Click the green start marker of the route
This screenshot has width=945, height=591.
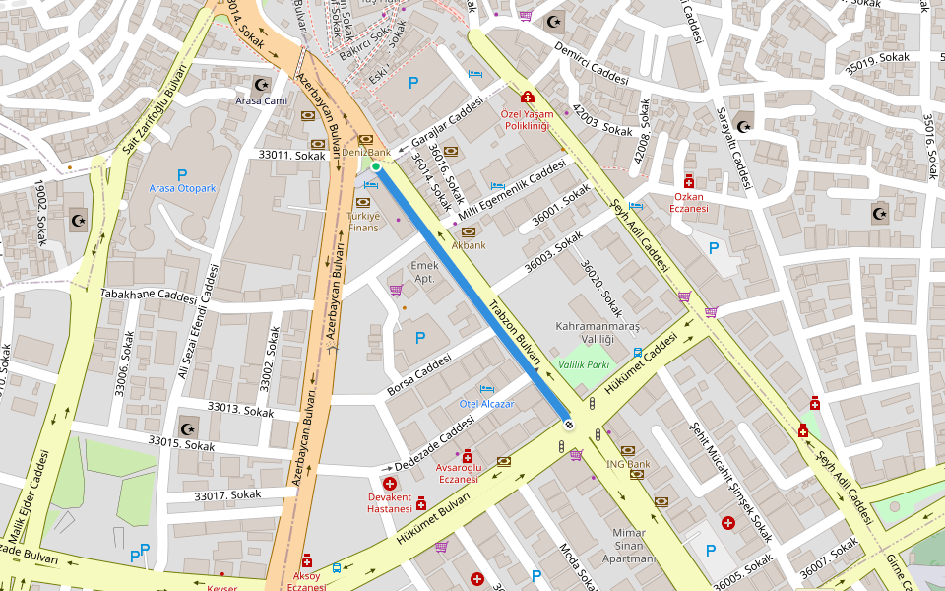click(376, 166)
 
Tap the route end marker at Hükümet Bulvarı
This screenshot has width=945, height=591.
click(568, 425)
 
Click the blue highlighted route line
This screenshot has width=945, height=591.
click(472, 295)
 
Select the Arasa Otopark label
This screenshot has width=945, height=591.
click(181, 188)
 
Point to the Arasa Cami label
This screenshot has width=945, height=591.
click(261, 100)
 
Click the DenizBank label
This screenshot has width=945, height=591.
click(366, 153)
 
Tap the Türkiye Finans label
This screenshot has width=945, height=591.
click(363, 222)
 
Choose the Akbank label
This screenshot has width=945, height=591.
click(469, 245)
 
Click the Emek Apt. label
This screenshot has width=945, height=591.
click(424, 272)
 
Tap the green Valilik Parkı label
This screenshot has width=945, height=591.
click(585, 364)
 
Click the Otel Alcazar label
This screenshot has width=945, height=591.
click(487, 404)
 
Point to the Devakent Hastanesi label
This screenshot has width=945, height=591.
click(389, 502)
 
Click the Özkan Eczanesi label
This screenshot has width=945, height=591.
click(689, 202)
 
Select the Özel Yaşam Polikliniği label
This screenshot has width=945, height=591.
click(529, 119)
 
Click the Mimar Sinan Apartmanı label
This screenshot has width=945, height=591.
click(628, 545)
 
